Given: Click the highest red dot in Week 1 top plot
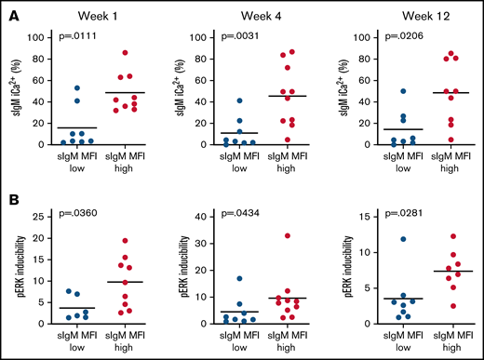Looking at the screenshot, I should tap(126, 53).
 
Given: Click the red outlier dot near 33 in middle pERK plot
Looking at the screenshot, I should tap(289, 235).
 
